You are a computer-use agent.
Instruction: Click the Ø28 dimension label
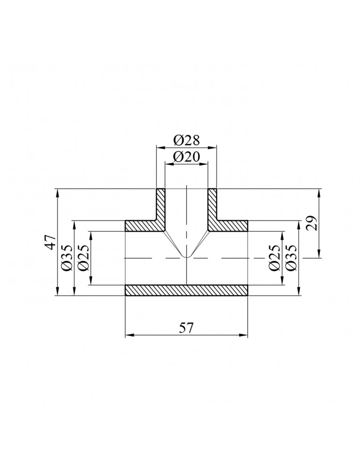click(186, 140)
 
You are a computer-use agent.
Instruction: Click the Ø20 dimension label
click(186, 156)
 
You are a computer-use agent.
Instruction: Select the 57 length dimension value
click(186, 327)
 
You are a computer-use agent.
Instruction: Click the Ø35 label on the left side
click(66, 258)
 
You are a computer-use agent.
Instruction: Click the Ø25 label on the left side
click(84, 258)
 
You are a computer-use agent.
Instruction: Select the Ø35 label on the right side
click(291, 258)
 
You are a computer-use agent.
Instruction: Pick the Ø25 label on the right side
click(275, 258)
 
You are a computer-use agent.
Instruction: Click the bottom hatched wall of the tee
click(186, 290)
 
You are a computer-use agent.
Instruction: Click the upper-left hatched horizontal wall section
click(140, 226)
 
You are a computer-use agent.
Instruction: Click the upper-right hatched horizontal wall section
click(231, 226)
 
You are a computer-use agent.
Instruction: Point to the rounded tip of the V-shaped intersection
click(186, 257)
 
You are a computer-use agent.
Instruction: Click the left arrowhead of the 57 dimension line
click(128, 334)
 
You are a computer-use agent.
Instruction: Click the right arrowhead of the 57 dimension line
click(245, 334)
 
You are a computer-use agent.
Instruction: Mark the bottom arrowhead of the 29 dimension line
click(320, 255)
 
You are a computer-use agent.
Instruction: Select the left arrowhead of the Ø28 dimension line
click(159, 148)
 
